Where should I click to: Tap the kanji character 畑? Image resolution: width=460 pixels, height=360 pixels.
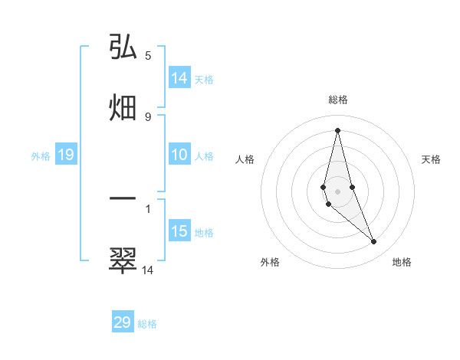[123, 107]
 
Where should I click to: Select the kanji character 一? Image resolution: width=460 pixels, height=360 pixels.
[123, 198]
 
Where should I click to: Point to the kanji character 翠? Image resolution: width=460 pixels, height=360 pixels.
[123, 260]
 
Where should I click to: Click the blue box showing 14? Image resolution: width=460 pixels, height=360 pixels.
[179, 78]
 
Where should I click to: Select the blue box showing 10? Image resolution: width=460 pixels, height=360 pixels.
[179, 155]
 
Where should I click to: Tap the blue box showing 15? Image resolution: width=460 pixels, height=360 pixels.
[179, 231]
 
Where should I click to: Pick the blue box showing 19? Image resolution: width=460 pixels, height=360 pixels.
[66, 155]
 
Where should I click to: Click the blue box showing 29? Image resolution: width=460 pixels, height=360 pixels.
[123, 322]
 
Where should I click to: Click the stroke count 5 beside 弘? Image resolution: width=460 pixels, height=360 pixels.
[148, 55]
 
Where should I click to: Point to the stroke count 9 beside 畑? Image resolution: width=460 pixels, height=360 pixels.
[148, 116]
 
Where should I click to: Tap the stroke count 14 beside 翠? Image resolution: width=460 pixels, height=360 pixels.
[148, 270]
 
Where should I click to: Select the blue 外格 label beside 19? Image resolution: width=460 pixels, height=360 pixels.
[41, 156]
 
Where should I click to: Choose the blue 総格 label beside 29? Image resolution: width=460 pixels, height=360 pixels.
[147, 324]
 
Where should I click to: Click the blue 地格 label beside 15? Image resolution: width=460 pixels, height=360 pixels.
[204, 233]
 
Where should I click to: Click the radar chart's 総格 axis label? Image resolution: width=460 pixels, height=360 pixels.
[338, 100]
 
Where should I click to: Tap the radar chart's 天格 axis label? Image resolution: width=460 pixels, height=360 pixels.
[431, 159]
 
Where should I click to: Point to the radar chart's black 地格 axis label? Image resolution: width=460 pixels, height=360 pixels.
[402, 262]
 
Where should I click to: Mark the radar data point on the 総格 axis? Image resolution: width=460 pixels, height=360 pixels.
[337, 129]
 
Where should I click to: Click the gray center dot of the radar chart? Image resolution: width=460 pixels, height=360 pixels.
[337, 191]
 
